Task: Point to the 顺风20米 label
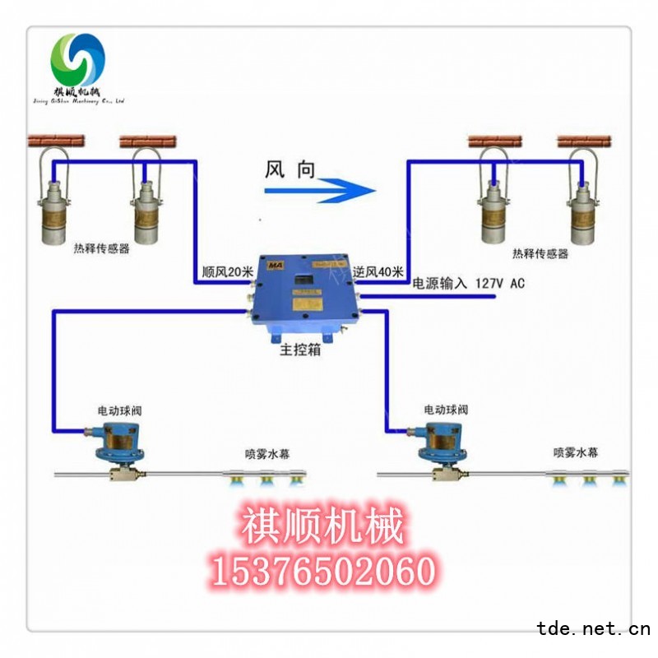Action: [226, 271]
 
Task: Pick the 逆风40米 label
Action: [378, 271]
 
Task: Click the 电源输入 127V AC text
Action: [468, 284]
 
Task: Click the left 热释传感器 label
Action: [102, 248]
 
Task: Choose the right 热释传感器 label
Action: [540, 254]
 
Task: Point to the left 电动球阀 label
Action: [114, 410]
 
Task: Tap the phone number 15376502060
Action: [322, 570]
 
